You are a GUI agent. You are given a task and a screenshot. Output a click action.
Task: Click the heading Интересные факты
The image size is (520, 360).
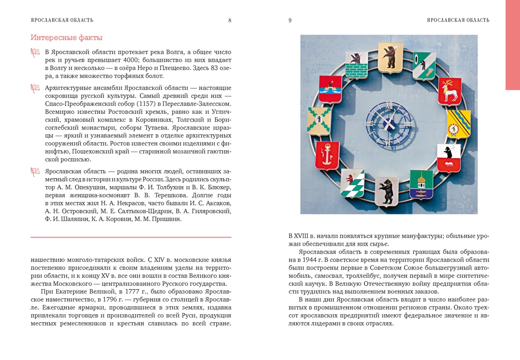(x=66, y=38)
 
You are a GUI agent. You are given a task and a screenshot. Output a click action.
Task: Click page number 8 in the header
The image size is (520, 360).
(x=230, y=20)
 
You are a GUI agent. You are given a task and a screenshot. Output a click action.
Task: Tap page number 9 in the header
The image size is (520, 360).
(x=290, y=20)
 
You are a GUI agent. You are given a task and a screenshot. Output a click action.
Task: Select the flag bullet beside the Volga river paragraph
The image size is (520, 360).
(x=35, y=52)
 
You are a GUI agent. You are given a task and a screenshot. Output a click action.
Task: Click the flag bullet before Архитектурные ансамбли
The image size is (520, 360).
(x=35, y=88)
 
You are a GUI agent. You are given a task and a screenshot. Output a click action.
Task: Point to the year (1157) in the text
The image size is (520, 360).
(x=147, y=103)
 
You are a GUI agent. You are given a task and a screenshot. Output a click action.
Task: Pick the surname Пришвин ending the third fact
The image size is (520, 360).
(x=166, y=219)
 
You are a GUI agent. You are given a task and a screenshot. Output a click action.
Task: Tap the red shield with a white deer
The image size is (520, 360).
(x=449, y=91)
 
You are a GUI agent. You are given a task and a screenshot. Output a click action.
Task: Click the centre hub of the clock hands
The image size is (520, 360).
(x=389, y=124)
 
